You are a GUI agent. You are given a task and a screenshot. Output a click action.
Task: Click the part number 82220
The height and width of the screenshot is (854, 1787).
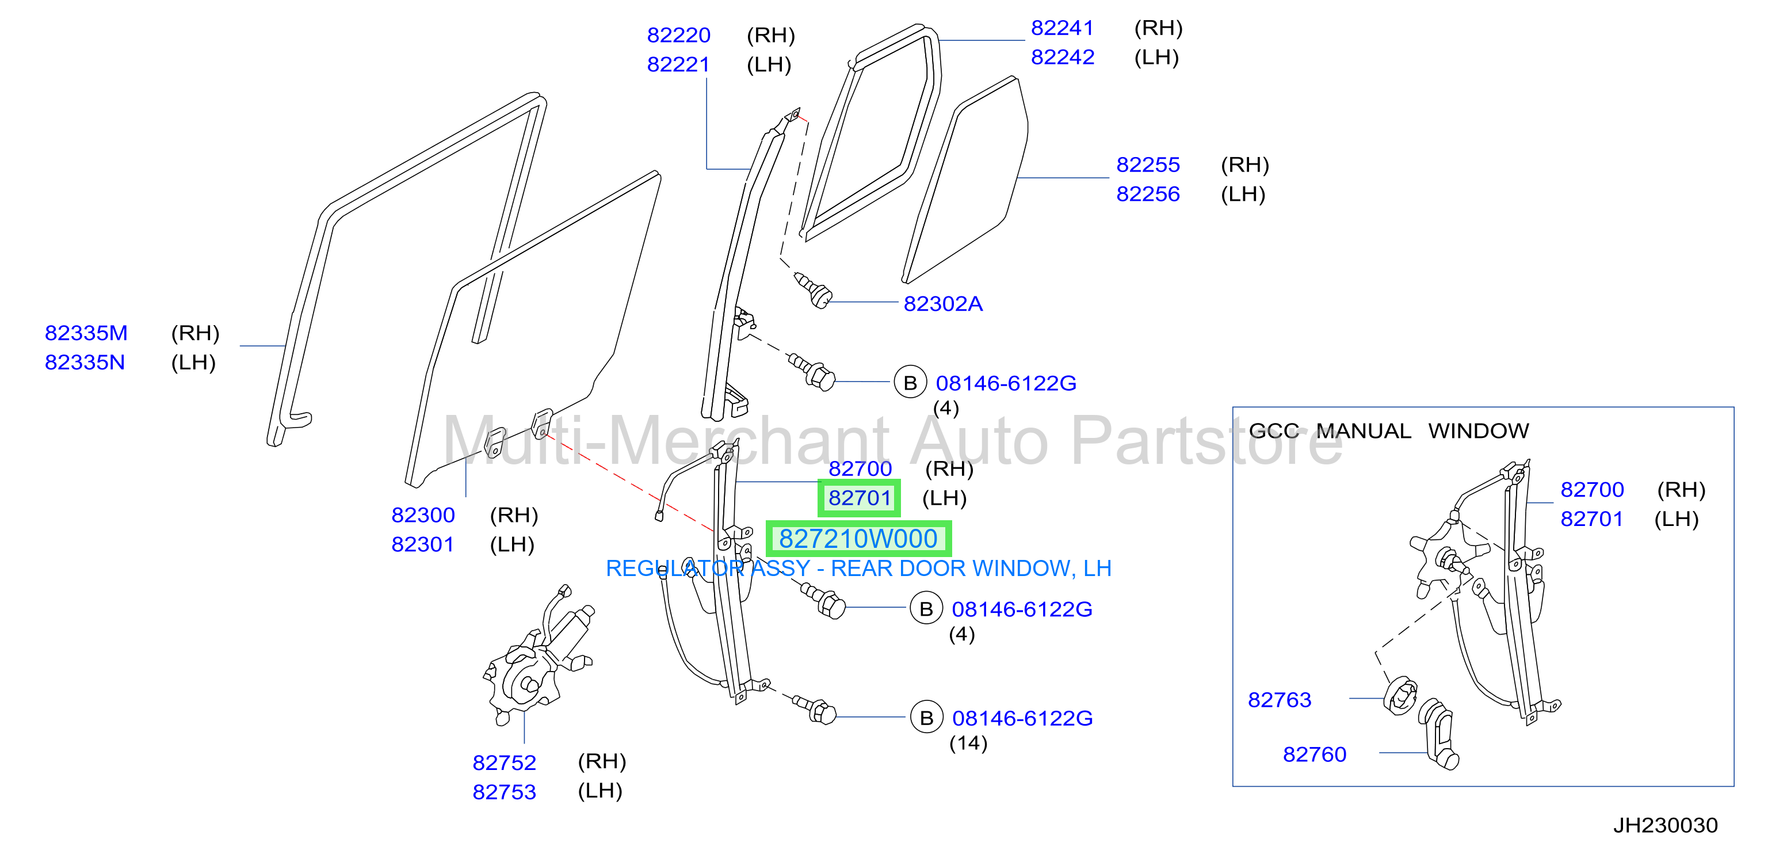coord(678,35)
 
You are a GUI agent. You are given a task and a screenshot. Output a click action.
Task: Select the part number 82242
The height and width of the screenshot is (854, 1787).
coord(1062,57)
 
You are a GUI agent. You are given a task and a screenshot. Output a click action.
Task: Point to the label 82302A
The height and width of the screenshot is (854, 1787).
coord(943,304)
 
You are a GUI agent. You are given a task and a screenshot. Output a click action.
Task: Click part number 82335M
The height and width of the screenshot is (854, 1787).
coord(86,333)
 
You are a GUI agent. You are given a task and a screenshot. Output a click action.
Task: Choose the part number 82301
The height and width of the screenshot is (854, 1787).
coord(422,544)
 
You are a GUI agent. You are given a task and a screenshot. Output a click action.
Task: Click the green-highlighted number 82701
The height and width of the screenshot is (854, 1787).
coord(860,498)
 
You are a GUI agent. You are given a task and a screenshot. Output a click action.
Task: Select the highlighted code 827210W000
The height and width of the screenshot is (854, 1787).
coord(858,539)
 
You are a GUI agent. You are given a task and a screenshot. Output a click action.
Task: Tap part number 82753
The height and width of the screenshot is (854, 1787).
coord(505,792)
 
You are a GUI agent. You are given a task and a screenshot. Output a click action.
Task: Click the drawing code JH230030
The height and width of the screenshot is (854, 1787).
coord(1665,826)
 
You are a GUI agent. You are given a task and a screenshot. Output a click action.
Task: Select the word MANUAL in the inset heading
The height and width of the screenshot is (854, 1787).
coord(1364,431)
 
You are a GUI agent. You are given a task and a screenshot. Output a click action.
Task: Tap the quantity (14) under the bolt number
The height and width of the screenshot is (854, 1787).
coord(968,743)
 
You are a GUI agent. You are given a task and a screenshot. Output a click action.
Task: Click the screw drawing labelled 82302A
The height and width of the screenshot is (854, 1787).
coord(812,290)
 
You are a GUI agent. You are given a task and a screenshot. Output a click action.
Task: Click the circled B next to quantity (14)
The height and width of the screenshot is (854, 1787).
coord(926,718)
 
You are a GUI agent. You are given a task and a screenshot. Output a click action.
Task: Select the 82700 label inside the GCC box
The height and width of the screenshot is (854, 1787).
coord(1592,490)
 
